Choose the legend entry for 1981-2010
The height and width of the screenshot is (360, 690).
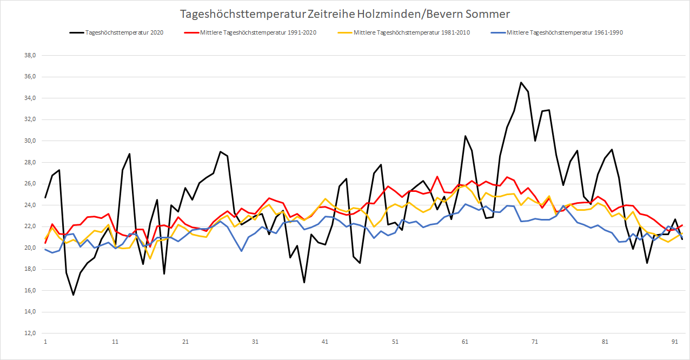pyautogui.click(x=412, y=32)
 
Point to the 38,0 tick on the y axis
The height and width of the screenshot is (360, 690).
pyautogui.click(x=28, y=56)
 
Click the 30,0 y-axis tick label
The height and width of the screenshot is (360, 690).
pyautogui.click(x=28, y=141)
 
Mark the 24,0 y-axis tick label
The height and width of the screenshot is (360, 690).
pyautogui.click(x=28, y=205)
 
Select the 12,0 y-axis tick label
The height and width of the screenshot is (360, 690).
pyautogui.click(x=28, y=334)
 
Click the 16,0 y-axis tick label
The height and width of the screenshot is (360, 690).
pyautogui.click(x=28, y=291)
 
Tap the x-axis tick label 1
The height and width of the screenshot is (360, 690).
pyautogui.click(x=45, y=342)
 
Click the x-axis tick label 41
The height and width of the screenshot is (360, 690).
pyautogui.click(x=325, y=342)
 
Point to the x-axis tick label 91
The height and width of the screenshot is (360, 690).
pyautogui.click(x=675, y=342)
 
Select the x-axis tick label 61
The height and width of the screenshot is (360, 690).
pyautogui.click(x=465, y=342)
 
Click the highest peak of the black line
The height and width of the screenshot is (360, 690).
pyautogui.click(x=521, y=83)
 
